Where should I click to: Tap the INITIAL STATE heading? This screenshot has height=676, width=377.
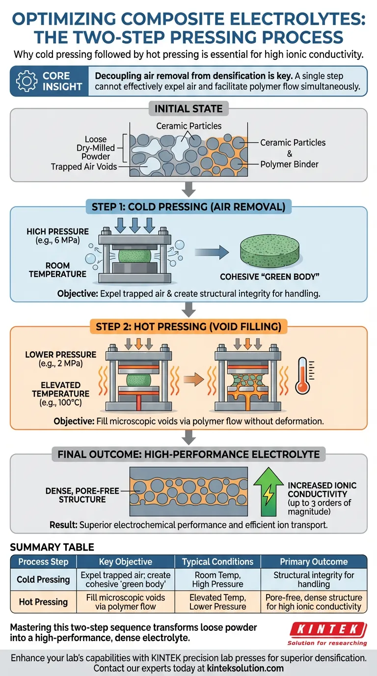point(189,109)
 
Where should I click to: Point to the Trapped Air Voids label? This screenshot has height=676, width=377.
point(84,167)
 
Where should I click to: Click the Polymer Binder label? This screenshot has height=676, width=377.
point(290,164)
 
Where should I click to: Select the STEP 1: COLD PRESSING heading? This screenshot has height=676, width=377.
point(188,207)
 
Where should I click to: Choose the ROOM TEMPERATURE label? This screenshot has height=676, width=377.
point(57,270)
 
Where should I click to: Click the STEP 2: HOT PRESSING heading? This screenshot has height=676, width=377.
point(188,327)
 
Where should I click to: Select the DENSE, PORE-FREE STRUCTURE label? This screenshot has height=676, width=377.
point(76,495)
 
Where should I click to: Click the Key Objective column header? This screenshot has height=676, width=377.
point(125,562)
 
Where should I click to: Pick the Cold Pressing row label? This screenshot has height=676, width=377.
point(43,579)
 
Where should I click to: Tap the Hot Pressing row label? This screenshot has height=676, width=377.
point(43,602)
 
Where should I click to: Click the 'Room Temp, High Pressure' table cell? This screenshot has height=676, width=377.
point(218,579)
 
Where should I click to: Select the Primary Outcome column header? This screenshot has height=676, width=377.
point(313,562)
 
